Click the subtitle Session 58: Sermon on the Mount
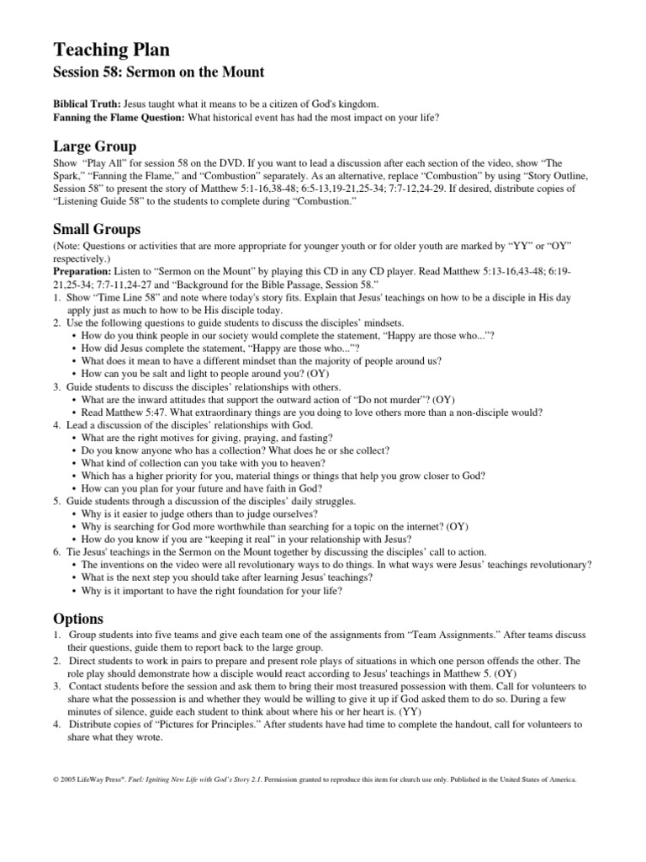159,72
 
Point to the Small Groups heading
97,229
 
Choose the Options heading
78,618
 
